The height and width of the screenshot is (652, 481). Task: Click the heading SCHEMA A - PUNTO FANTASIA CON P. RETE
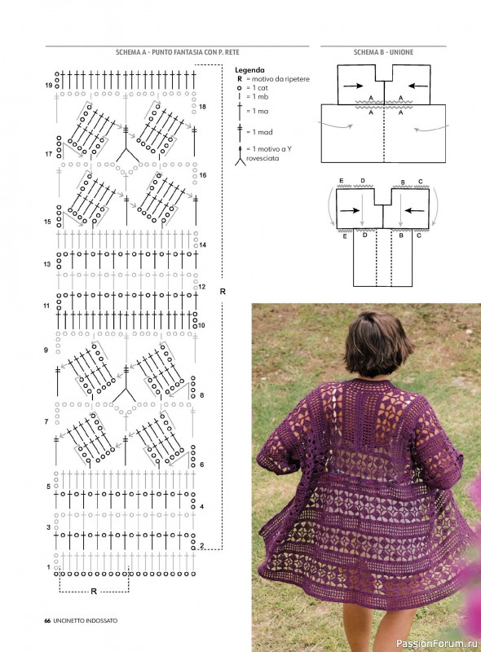(177, 52)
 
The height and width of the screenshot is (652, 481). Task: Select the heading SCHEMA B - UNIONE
(383, 52)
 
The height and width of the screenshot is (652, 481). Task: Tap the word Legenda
(249, 70)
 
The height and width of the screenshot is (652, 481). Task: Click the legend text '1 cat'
(260, 88)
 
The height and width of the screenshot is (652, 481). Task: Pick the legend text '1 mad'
(263, 132)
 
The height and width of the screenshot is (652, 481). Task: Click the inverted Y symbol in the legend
(240, 156)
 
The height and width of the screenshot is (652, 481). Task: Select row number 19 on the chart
(49, 86)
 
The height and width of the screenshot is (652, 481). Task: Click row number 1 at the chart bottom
(48, 567)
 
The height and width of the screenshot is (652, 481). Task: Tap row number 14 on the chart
(203, 245)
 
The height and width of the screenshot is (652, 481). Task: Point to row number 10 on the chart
(201, 325)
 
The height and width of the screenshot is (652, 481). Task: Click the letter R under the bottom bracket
(94, 592)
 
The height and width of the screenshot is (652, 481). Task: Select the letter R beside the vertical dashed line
(223, 292)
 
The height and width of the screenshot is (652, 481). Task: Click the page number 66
(47, 621)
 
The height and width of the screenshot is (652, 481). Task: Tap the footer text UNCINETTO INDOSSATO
(86, 621)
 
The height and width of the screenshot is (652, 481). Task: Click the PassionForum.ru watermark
(436, 644)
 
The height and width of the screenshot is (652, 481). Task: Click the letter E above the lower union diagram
(342, 180)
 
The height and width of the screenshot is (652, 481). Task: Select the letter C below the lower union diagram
(419, 236)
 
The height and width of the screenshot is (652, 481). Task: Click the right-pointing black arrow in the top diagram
(353, 86)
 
